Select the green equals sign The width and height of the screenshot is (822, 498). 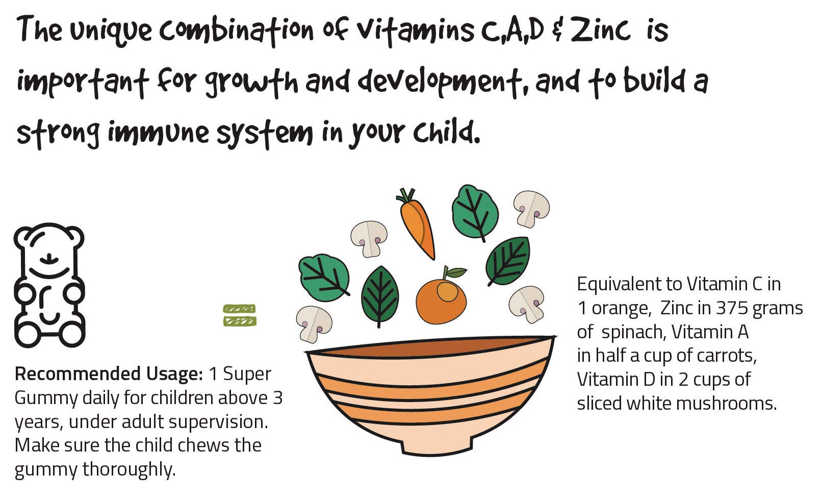(x=240, y=315)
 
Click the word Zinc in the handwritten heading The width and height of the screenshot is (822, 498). (x=600, y=30)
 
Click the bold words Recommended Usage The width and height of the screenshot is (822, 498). (x=109, y=374)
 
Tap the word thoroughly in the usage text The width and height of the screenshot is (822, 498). (x=129, y=470)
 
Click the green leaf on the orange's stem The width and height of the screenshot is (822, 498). (x=456, y=272)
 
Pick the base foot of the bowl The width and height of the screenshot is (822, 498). (x=436, y=447)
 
